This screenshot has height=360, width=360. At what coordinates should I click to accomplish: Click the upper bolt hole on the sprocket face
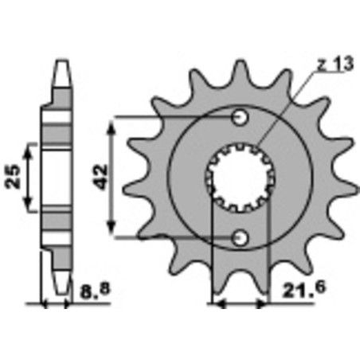[238, 119]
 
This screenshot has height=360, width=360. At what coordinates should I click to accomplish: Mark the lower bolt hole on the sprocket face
[238, 237]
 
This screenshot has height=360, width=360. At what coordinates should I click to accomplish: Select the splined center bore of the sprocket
[238, 178]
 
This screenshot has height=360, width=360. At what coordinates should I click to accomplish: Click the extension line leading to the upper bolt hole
[175, 119]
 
